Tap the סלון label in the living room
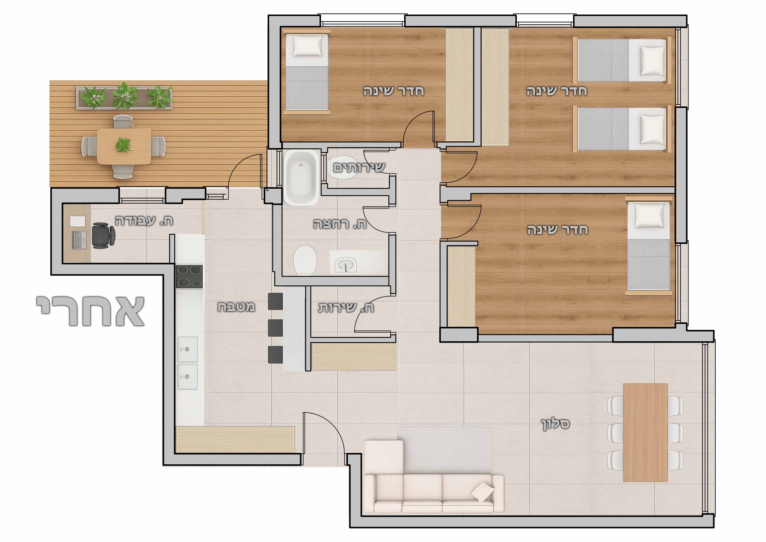[x=555, y=424]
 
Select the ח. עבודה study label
[x=144, y=221]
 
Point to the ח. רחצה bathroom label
[x=340, y=224]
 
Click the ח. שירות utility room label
[x=346, y=307]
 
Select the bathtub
[x=301, y=178]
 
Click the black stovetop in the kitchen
[x=189, y=276]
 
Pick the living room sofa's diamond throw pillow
[x=483, y=492]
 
